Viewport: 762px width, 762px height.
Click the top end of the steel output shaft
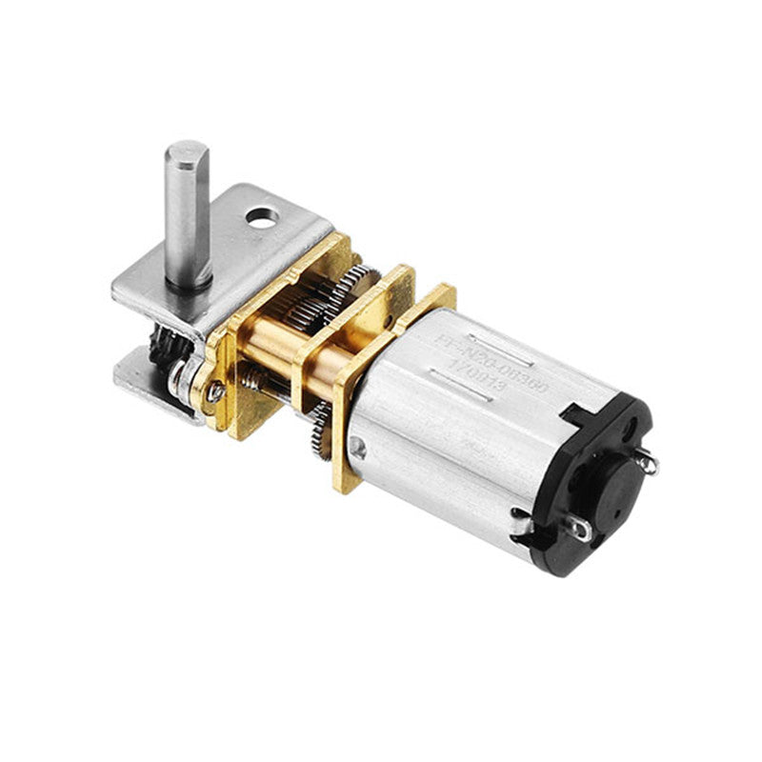[186, 152]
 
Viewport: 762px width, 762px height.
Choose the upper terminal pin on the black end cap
[647, 463]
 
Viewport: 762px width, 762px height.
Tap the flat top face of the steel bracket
[238, 248]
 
